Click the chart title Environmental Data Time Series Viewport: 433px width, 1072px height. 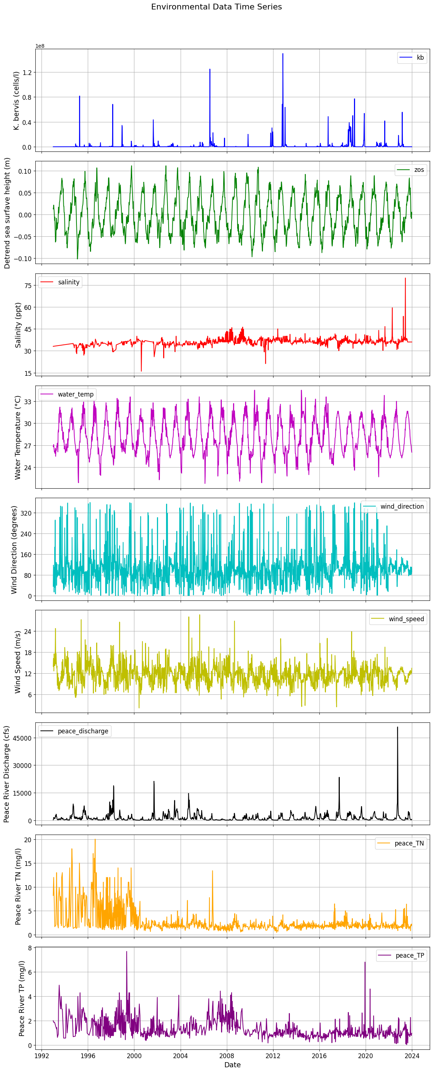(216, 7)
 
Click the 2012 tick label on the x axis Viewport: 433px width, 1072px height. (273, 1056)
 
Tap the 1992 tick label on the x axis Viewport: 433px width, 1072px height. (41, 1056)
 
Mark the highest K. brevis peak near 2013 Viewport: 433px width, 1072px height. (283, 54)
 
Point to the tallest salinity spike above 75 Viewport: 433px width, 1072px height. (405, 279)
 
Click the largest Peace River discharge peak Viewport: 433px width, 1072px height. (397, 728)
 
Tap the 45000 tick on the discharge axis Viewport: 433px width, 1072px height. (23, 738)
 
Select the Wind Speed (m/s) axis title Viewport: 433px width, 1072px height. (17, 662)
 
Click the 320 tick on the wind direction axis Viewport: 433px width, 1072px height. (26, 513)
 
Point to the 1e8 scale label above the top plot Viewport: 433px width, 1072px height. (40, 46)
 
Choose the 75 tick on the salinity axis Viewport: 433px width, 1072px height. (28, 285)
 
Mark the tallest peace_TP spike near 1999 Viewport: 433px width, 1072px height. (127, 952)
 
